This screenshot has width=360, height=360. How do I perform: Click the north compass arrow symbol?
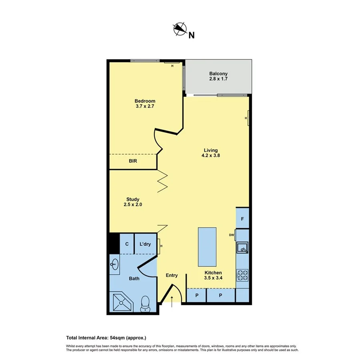pyautogui.click(x=180, y=29)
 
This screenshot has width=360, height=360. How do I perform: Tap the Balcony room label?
pyautogui.click(x=218, y=74)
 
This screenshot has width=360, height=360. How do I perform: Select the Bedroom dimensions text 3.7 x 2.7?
pyautogui.click(x=145, y=107)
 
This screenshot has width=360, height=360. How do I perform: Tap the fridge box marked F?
pyautogui.click(x=243, y=219)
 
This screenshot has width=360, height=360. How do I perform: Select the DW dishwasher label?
pyautogui.click(x=231, y=235)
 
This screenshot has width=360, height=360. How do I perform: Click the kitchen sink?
pyautogui.click(x=242, y=248)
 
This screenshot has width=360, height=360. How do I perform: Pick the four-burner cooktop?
pyautogui.click(x=242, y=275)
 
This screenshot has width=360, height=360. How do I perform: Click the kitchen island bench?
pyautogui.click(x=207, y=246)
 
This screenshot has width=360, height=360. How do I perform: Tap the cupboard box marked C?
pyautogui.click(x=127, y=244)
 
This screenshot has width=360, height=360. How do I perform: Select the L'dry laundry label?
pyautogui.click(x=145, y=244)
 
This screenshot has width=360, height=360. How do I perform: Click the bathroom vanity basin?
pyautogui.click(x=114, y=264)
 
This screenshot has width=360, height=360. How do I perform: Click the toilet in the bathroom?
pyautogui.click(x=145, y=304)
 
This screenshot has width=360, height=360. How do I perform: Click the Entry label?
pyautogui.click(x=172, y=275)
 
